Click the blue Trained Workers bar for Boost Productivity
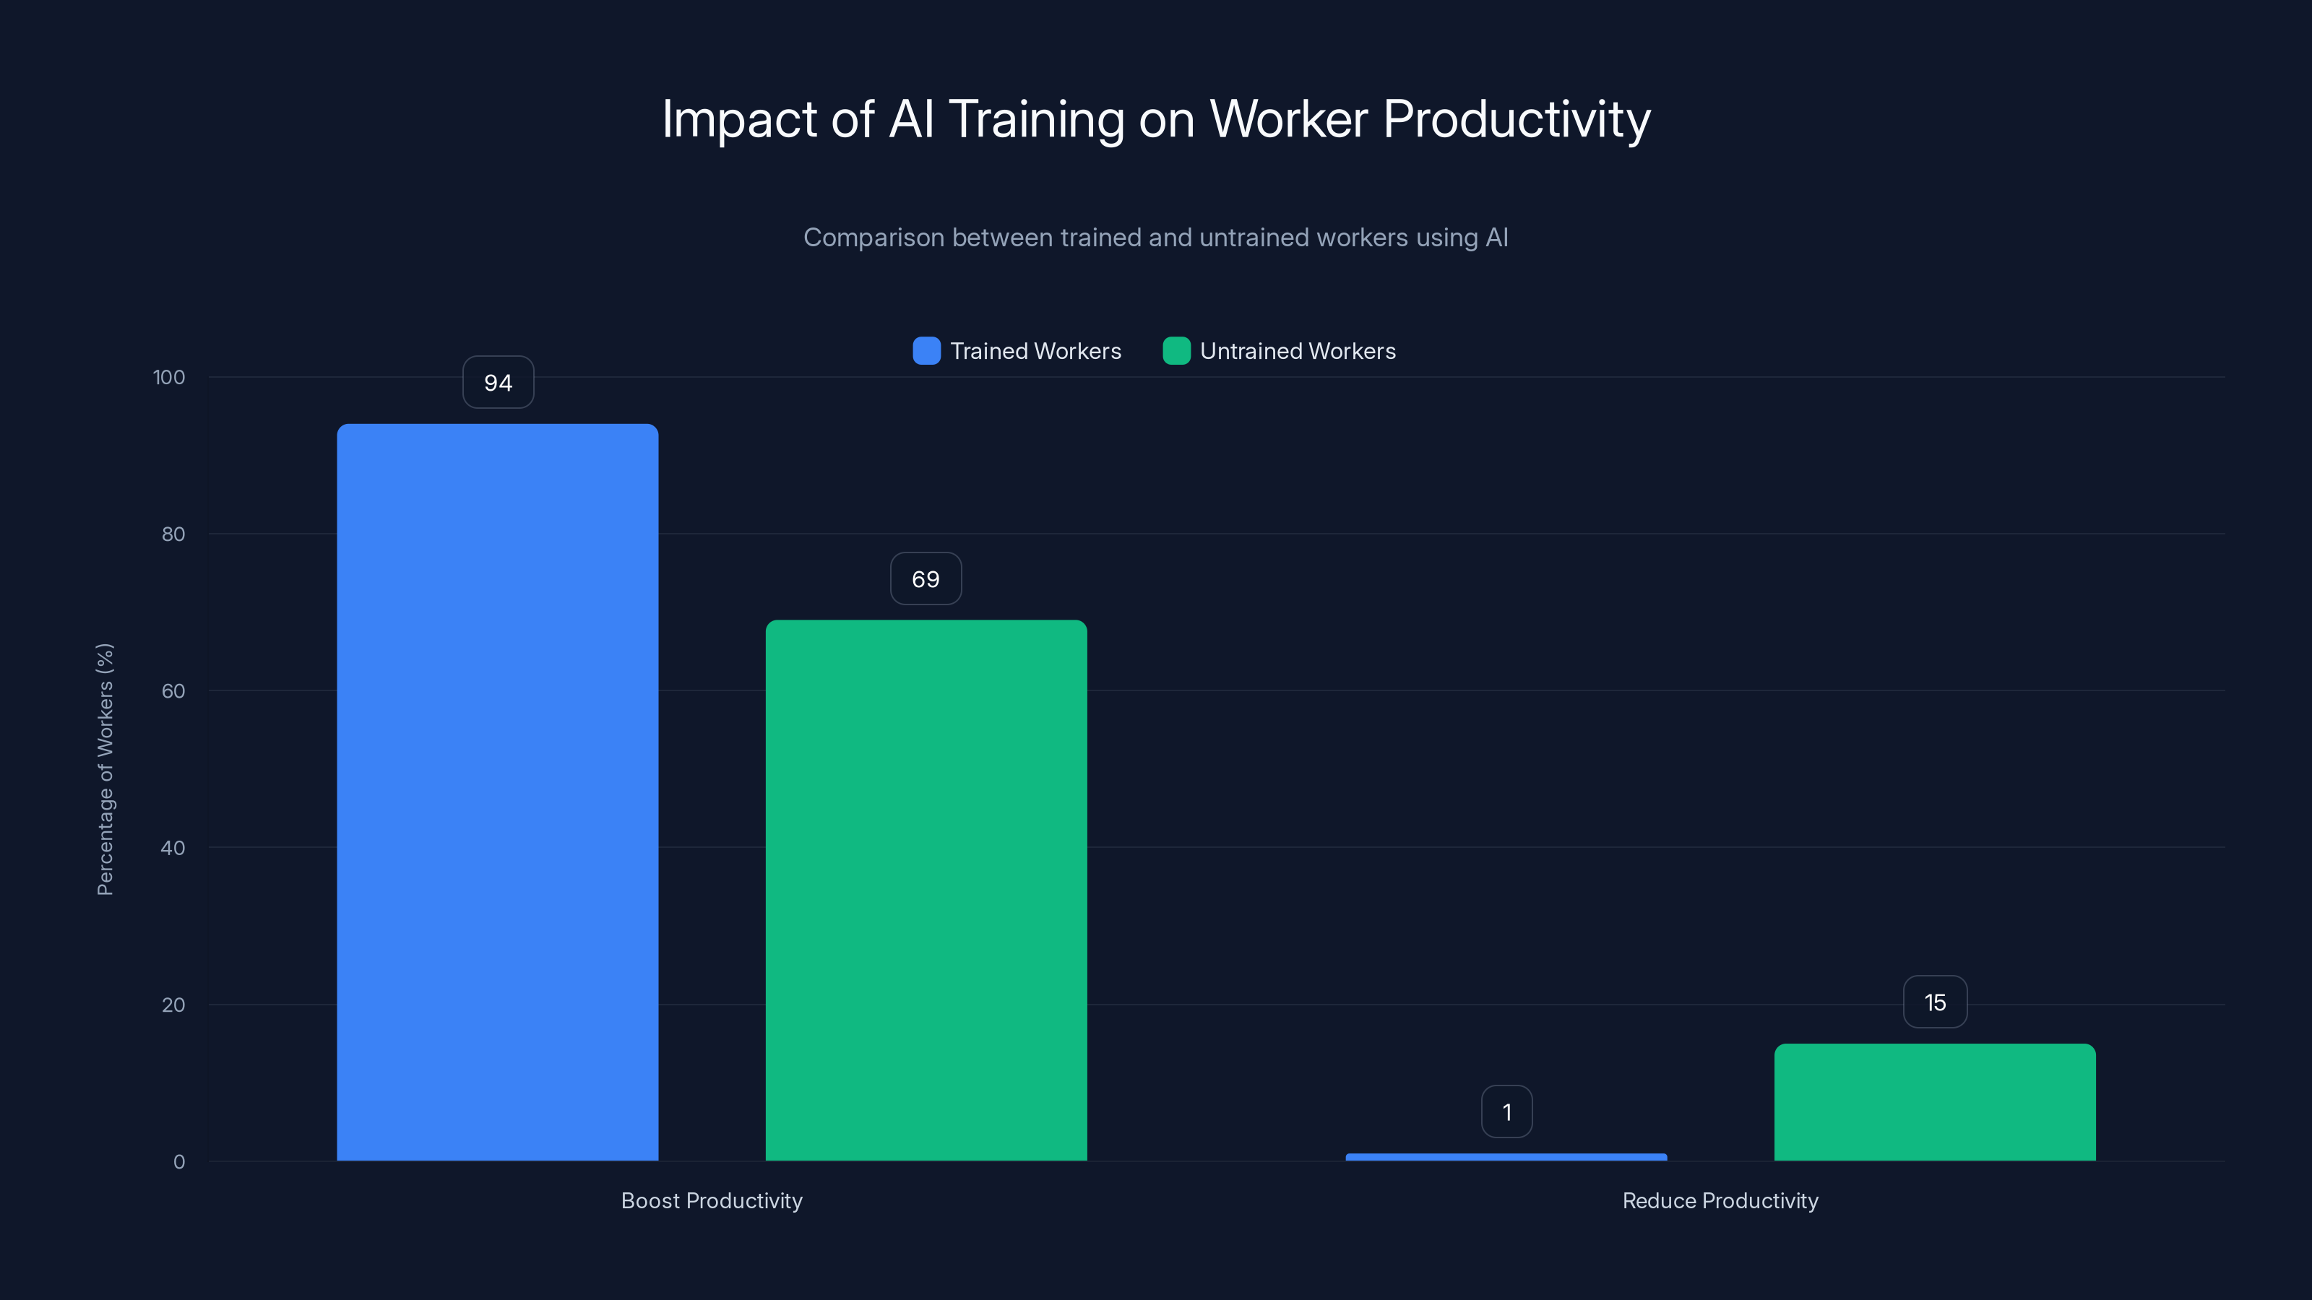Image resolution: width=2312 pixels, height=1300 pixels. click(497, 792)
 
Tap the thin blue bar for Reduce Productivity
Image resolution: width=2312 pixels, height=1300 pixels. click(1506, 1156)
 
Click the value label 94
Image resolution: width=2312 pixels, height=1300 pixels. click(498, 383)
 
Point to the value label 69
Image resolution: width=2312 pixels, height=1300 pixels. click(926, 578)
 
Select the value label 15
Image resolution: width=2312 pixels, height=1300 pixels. click(1935, 1002)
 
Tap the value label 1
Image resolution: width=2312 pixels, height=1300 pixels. click(1506, 1112)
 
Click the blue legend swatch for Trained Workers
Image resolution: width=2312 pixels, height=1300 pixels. click(926, 351)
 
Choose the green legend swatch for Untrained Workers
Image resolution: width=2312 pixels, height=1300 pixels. click(1176, 351)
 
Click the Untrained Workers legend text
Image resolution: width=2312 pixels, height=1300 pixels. click(1297, 351)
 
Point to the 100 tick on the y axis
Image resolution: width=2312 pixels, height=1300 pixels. click(169, 377)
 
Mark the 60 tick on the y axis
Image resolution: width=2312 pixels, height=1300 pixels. click(173, 691)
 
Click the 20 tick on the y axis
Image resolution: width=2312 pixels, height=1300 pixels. click(173, 1005)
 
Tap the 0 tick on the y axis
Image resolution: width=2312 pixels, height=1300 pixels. click(178, 1162)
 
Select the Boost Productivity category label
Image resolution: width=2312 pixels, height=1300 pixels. click(712, 1200)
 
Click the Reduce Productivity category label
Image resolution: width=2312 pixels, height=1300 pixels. click(1720, 1200)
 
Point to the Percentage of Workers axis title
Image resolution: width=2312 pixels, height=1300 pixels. click(105, 769)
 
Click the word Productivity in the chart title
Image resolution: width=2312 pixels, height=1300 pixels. click(1516, 118)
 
